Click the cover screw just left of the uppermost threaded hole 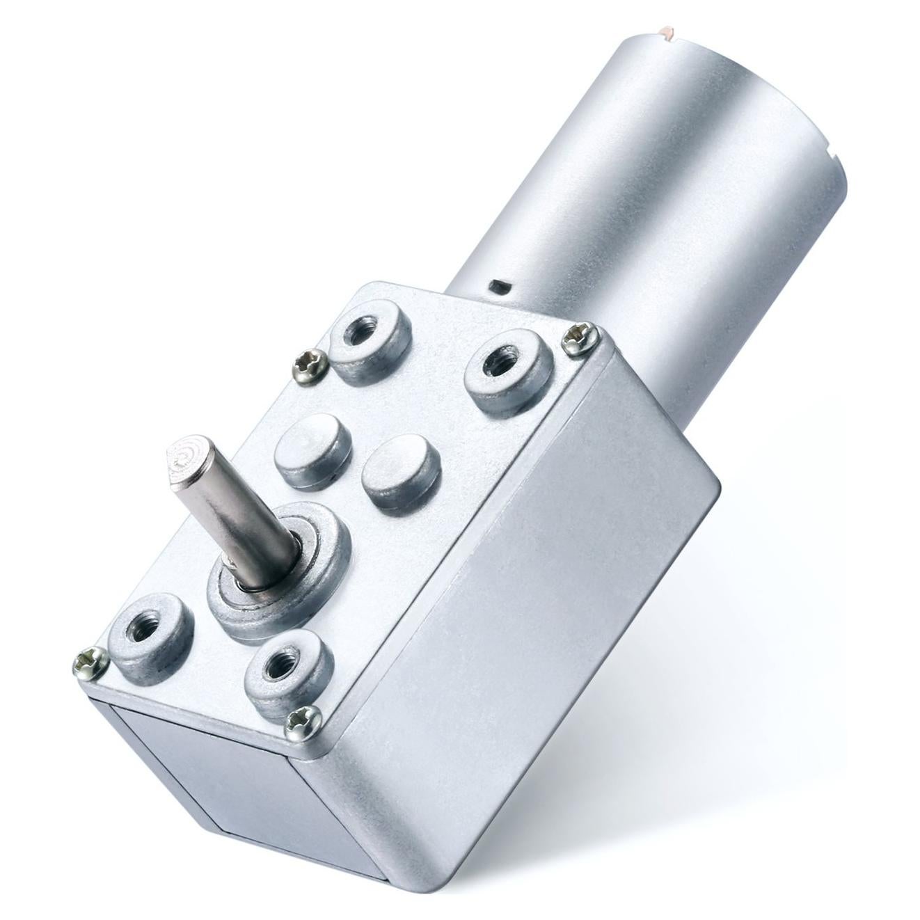click(306, 362)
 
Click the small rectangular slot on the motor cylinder click(498, 286)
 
